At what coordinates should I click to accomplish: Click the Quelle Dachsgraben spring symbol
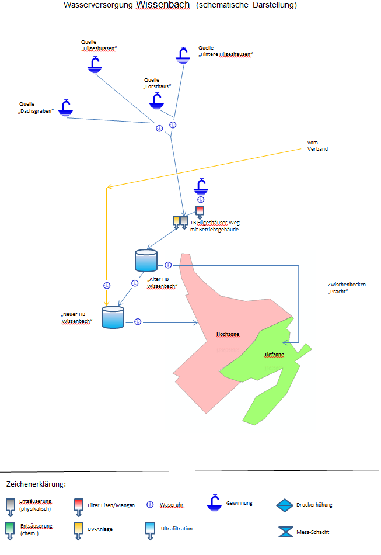pyautogui.click(x=67, y=107)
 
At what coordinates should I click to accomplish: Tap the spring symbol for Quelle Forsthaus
pyautogui.click(x=156, y=101)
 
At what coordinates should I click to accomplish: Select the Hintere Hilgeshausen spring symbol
pyautogui.click(x=183, y=55)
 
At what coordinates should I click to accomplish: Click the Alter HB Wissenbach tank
pyautogui.click(x=146, y=261)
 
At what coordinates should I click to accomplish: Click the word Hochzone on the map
pyautogui.click(x=228, y=334)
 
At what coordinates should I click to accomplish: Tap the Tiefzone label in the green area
pyautogui.click(x=274, y=354)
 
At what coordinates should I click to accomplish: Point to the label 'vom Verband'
pyautogui.click(x=317, y=145)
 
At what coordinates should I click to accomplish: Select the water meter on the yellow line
pyautogui.click(x=107, y=286)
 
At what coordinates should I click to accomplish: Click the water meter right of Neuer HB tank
pyautogui.click(x=138, y=322)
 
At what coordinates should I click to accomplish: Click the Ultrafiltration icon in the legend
pyautogui.click(x=149, y=529)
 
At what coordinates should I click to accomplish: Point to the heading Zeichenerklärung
pyautogui.click(x=36, y=484)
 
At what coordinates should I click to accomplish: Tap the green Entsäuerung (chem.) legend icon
pyautogui.click(x=11, y=529)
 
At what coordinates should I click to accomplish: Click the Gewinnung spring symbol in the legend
pyautogui.click(x=216, y=502)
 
